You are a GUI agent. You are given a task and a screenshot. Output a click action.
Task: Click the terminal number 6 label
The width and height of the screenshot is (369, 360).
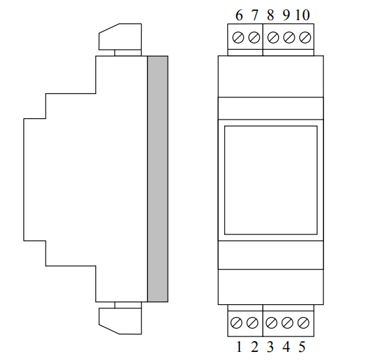pyautogui.click(x=239, y=15)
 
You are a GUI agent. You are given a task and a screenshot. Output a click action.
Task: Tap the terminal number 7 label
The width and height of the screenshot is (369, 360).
pyautogui.click(x=255, y=15)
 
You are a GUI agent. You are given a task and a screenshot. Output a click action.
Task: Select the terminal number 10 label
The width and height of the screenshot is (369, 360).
pyautogui.click(x=303, y=15)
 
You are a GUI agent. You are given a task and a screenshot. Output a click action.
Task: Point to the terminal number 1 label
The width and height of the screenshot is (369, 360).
pyautogui.click(x=239, y=347)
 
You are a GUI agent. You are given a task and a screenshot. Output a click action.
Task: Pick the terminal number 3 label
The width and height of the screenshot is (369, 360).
pyautogui.click(x=270, y=347)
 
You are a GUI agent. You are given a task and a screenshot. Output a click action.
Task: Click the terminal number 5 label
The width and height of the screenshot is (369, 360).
pyautogui.click(x=302, y=347)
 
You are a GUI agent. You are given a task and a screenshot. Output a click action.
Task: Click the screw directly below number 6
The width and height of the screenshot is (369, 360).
pyautogui.click(x=238, y=38)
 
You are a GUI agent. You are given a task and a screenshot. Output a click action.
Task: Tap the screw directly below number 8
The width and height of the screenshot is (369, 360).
pyautogui.click(x=273, y=38)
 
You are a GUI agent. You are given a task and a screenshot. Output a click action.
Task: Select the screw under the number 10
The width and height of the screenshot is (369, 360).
pyautogui.click(x=305, y=38)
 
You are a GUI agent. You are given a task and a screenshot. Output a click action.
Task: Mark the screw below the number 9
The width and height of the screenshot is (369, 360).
pyautogui.click(x=289, y=38)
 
